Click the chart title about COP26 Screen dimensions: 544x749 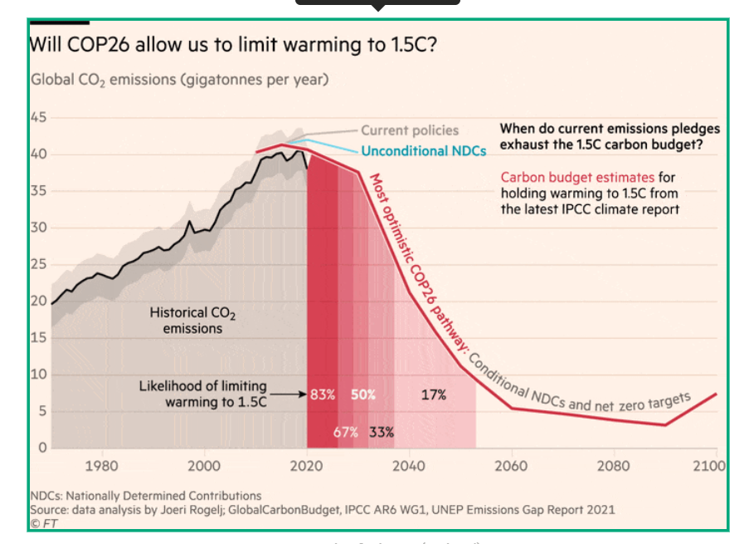point(233,45)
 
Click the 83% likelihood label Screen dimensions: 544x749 point(323,395)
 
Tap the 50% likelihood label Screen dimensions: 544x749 point(362,395)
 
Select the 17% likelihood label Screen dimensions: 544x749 point(433,395)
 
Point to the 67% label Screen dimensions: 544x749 point(346,432)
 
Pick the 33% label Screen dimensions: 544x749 point(382,432)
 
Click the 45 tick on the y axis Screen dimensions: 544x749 point(39,117)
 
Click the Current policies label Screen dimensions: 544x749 point(410,130)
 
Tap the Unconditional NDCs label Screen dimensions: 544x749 point(424,151)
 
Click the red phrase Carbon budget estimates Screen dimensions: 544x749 point(577,177)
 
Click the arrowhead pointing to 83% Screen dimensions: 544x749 point(304,395)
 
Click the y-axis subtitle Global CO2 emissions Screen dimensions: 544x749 point(179,80)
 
